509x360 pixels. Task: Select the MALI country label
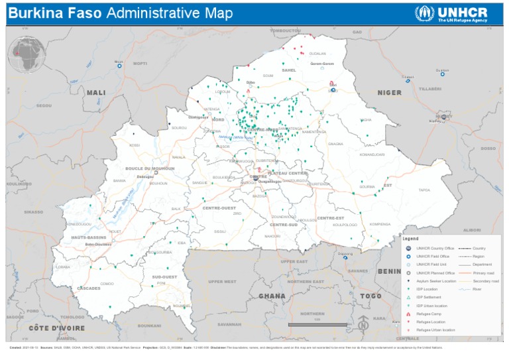click(x=96, y=93)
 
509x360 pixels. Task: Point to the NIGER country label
click(x=390, y=93)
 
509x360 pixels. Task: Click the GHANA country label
click(x=272, y=296)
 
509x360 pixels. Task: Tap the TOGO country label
click(x=372, y=296)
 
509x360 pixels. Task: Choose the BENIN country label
click(x=388, y=271)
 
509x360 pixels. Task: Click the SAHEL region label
click(x=289, y=70)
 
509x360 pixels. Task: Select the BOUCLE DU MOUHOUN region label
click(x=150, y=169)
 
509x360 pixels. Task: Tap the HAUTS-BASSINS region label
click(x=89, y=237)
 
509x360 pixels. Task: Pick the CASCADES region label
click(x=89, y=288)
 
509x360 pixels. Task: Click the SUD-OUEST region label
click(x=164, y=276)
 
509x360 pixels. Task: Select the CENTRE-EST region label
click(x=330, y=218)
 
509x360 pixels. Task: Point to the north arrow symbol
click(x=363, y=325)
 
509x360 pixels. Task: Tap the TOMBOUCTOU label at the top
click(x=286, y=30)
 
